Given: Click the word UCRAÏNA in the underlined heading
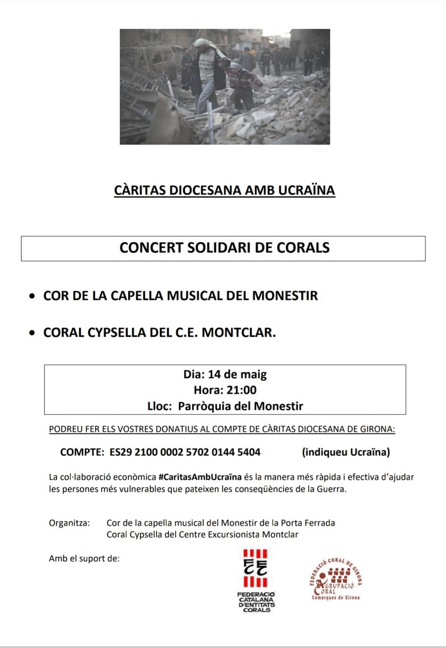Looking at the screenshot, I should click(x=306, y=190).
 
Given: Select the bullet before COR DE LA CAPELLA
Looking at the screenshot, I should click(x=32, y=296).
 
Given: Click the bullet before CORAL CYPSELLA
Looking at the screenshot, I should click(x=32, y=333).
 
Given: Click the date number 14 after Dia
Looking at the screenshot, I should click(x=215, y=374).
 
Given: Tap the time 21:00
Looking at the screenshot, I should click(x=241, y=390).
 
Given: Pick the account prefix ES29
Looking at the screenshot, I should click(x=120, y=452).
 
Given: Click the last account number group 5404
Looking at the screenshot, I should click(x=249, y=452).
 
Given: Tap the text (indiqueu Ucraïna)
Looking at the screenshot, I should click(x=346, y=452).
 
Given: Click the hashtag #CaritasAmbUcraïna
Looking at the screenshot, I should click(x=200, y=477).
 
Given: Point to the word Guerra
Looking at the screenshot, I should click(x=331, y=489).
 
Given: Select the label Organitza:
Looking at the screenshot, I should click(x=69, y=523).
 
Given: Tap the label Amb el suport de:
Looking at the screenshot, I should click(x=84, y=558).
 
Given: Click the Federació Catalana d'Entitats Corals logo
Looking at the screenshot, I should click(x=256, y=580).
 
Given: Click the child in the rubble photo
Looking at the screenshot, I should click(x=242, y=85).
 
